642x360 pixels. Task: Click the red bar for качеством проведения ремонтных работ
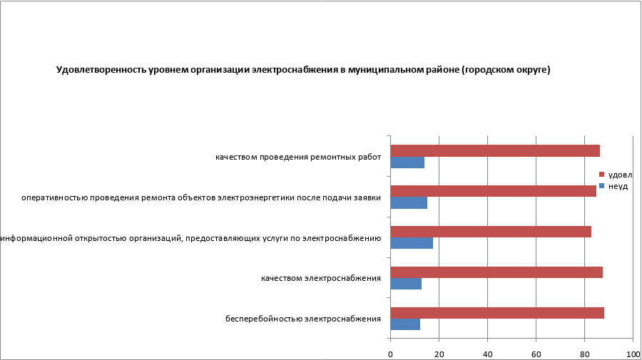(x=495, y=150)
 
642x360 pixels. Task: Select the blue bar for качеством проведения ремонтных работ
(x=407, y=163)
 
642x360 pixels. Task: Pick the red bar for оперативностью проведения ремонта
(x=493, y=191)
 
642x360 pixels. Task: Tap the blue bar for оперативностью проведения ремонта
(x=409, y=203)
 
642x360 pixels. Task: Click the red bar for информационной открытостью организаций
(x=491, y=232)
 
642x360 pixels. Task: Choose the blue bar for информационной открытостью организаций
(x=412, y=243)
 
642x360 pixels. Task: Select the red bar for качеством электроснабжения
(x=496, y=272)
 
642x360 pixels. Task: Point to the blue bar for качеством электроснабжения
(x=406, y=284)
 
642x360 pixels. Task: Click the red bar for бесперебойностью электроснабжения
(x=497, y=313)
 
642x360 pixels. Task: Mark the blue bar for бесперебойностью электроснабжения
(x=405, y=324)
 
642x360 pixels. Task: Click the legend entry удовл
(x=620, y=175)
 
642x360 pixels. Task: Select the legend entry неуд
(x=618, y=185)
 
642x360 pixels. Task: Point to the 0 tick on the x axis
(x=390, y=354)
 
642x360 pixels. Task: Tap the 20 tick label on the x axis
(x=439, y=354)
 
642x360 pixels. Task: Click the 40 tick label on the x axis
(x=487, y=354)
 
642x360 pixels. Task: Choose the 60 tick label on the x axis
(x=536, y=354)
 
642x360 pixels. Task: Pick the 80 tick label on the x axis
(x=584, y=354)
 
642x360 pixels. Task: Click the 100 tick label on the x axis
(x=632, y=354)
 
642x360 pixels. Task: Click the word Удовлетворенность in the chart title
(x=96, y=71)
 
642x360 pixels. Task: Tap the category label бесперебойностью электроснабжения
(x=302, y=319)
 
